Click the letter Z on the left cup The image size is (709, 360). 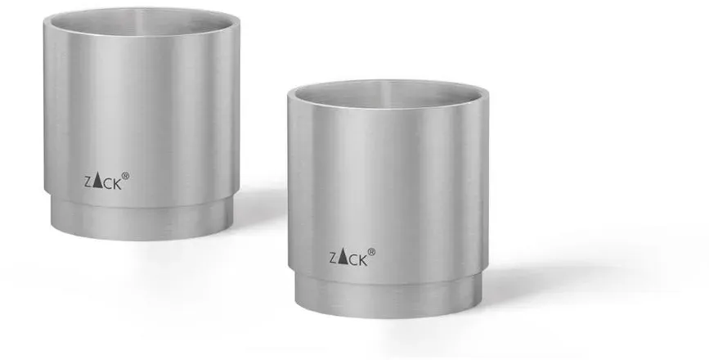88,182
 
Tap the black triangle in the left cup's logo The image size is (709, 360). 97,182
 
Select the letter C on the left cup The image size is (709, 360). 106,184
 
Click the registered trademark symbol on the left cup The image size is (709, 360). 125,176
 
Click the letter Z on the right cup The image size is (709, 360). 334,259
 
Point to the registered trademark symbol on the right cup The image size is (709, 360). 371,252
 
